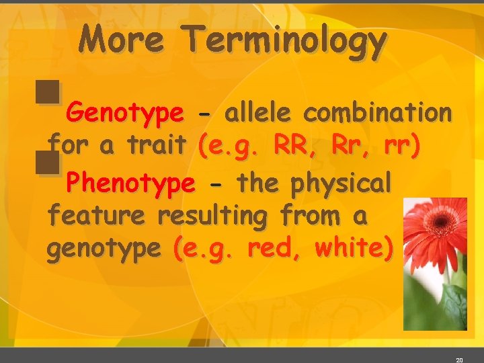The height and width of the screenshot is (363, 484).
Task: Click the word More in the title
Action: click(x=121, y=40)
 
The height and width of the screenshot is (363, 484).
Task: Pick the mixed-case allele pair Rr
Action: click(x=349, y=147)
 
